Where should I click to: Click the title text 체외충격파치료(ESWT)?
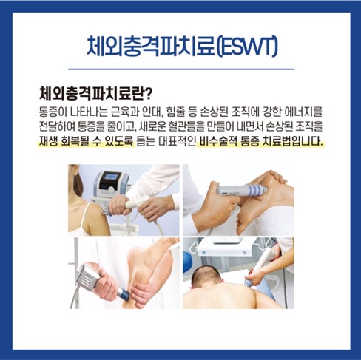click(182, 47)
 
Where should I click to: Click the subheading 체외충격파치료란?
click(95, 95)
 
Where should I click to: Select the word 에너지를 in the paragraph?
click(303, 112)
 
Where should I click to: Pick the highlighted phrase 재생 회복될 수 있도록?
click(86, 142)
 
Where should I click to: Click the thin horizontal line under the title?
click(181, 69)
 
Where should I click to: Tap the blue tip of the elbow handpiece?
click(123, 293)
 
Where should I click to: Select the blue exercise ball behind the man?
click(189, 263)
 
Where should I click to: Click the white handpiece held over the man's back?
click(260, 267)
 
